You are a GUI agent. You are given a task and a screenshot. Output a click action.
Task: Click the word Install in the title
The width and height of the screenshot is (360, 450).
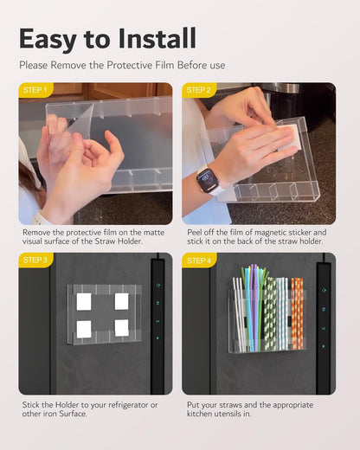click(157, 38)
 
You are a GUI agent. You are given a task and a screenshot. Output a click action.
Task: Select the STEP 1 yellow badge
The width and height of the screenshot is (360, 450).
click(35, 90)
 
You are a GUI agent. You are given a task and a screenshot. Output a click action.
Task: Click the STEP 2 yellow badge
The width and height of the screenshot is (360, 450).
click(199, 90)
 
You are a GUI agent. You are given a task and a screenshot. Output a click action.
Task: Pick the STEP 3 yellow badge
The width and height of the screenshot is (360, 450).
click(35, 260)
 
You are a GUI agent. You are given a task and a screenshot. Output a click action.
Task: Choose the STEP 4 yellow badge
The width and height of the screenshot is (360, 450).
click(199, 260)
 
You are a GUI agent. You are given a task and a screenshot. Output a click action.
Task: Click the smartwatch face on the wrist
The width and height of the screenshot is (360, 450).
click(207, 178)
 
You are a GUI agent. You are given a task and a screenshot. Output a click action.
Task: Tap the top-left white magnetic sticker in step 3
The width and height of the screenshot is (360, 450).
click(84, 302)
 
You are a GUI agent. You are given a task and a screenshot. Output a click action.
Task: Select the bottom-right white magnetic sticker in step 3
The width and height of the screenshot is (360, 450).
click(122, 328)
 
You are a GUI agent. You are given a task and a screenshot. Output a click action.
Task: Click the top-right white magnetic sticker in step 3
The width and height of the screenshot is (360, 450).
click(122, 301)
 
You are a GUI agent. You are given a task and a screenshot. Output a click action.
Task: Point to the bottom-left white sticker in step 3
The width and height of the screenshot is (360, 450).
click(84, 329)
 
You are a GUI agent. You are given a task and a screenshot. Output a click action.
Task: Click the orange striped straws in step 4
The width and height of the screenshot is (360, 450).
click(297, 313)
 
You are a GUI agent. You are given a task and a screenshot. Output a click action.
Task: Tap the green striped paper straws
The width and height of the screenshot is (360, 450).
click(270, 314)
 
